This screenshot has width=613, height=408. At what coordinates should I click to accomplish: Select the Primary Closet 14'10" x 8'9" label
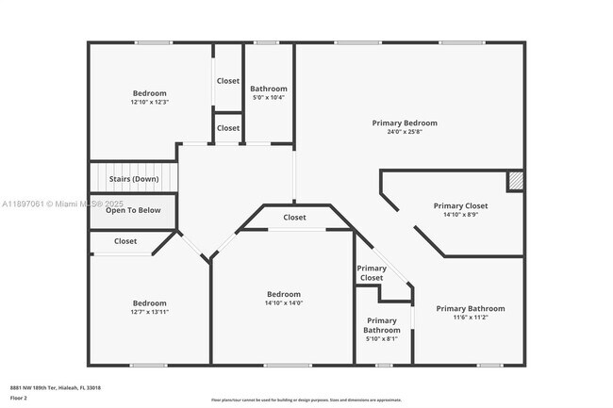[460, 205]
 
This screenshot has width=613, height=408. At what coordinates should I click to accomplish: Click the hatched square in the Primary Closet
[515, 181]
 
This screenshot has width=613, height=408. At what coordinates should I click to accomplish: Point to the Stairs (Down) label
[133, 178]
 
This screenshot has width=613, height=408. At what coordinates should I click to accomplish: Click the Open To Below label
[133, 210]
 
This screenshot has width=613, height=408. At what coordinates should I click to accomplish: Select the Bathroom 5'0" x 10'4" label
[269, 89]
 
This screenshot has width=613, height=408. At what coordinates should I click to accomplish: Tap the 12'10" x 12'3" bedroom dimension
[149, 102]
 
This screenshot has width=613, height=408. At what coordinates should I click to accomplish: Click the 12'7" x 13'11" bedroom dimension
[149, 312]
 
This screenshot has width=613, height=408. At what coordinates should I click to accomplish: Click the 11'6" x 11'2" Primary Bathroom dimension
[470, 318]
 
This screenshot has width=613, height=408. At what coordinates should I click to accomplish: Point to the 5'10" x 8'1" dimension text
[382, 339]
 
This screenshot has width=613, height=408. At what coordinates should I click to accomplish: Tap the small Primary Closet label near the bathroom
[371, 273]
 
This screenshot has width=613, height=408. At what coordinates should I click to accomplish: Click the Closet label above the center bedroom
[294, 218]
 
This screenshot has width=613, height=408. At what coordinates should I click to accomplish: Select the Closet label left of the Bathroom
[228, 81]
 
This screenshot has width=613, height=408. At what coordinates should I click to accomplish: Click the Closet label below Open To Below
[125, 241]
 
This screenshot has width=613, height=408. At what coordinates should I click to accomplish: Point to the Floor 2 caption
[19, 399]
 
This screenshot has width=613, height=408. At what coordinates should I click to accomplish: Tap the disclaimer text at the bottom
[306, 400]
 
